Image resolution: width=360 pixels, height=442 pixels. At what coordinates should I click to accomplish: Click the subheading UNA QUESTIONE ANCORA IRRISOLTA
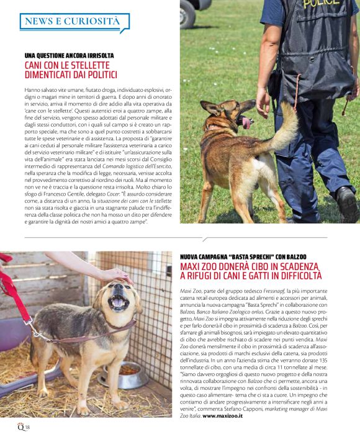[69, 56]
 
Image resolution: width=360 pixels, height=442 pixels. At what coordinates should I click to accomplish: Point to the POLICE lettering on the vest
[321, 4]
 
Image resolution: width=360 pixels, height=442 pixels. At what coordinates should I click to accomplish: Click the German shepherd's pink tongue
[246, 122]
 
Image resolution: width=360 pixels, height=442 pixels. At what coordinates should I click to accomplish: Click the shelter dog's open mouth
[118, 304]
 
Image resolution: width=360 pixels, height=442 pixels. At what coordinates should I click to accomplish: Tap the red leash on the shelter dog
[19, 301]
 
